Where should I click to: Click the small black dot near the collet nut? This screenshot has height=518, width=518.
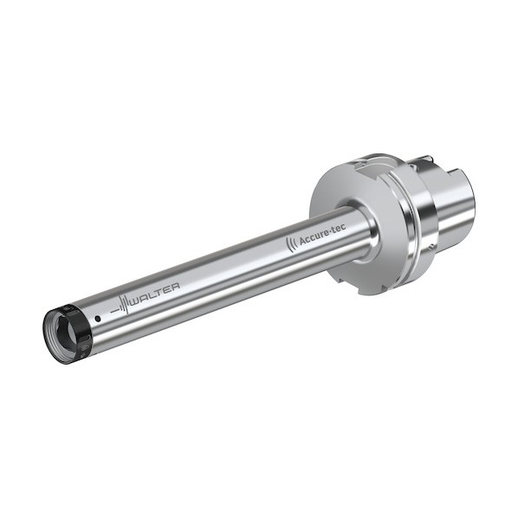click(98, 319)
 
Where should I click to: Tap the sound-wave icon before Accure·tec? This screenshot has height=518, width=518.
click(291, 245)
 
